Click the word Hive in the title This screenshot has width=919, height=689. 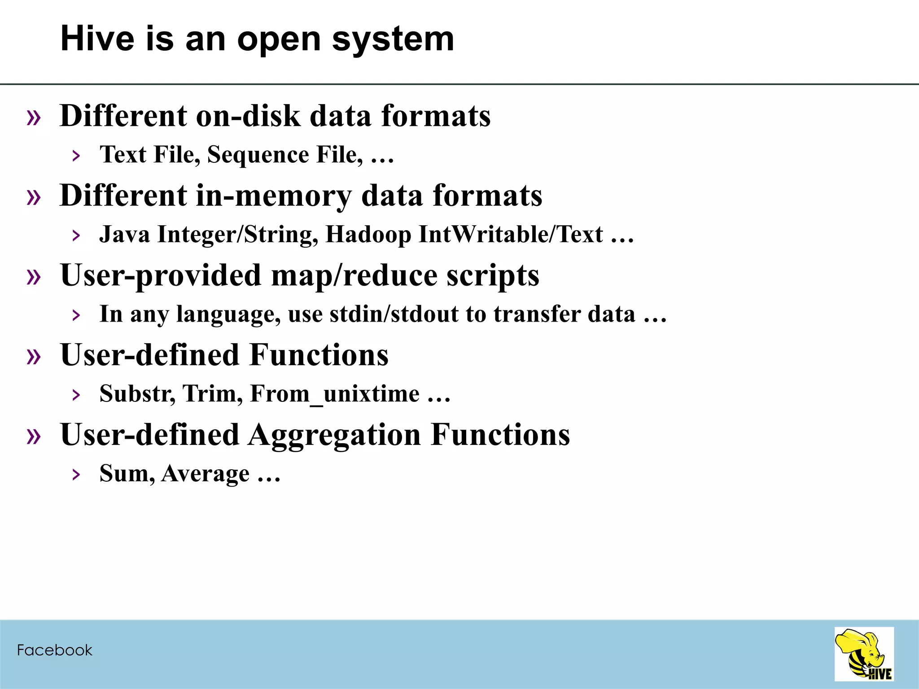(97, 39)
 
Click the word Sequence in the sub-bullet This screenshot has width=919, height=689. (258, 155)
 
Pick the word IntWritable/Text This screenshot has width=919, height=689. (511, 235)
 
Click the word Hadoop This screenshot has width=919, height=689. (368, 235)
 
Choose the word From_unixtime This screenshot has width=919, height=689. (334, 394)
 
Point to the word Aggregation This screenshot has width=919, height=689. (334, 435)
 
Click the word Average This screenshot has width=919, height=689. (205, 474)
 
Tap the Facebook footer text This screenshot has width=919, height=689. (54, 650)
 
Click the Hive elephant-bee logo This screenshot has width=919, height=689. (864, 654)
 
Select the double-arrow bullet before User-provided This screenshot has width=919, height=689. (34, 276)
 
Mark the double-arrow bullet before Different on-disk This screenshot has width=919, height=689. (34, 118)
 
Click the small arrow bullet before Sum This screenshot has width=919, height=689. (76, 475)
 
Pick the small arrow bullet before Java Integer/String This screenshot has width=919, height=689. (76, 235)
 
